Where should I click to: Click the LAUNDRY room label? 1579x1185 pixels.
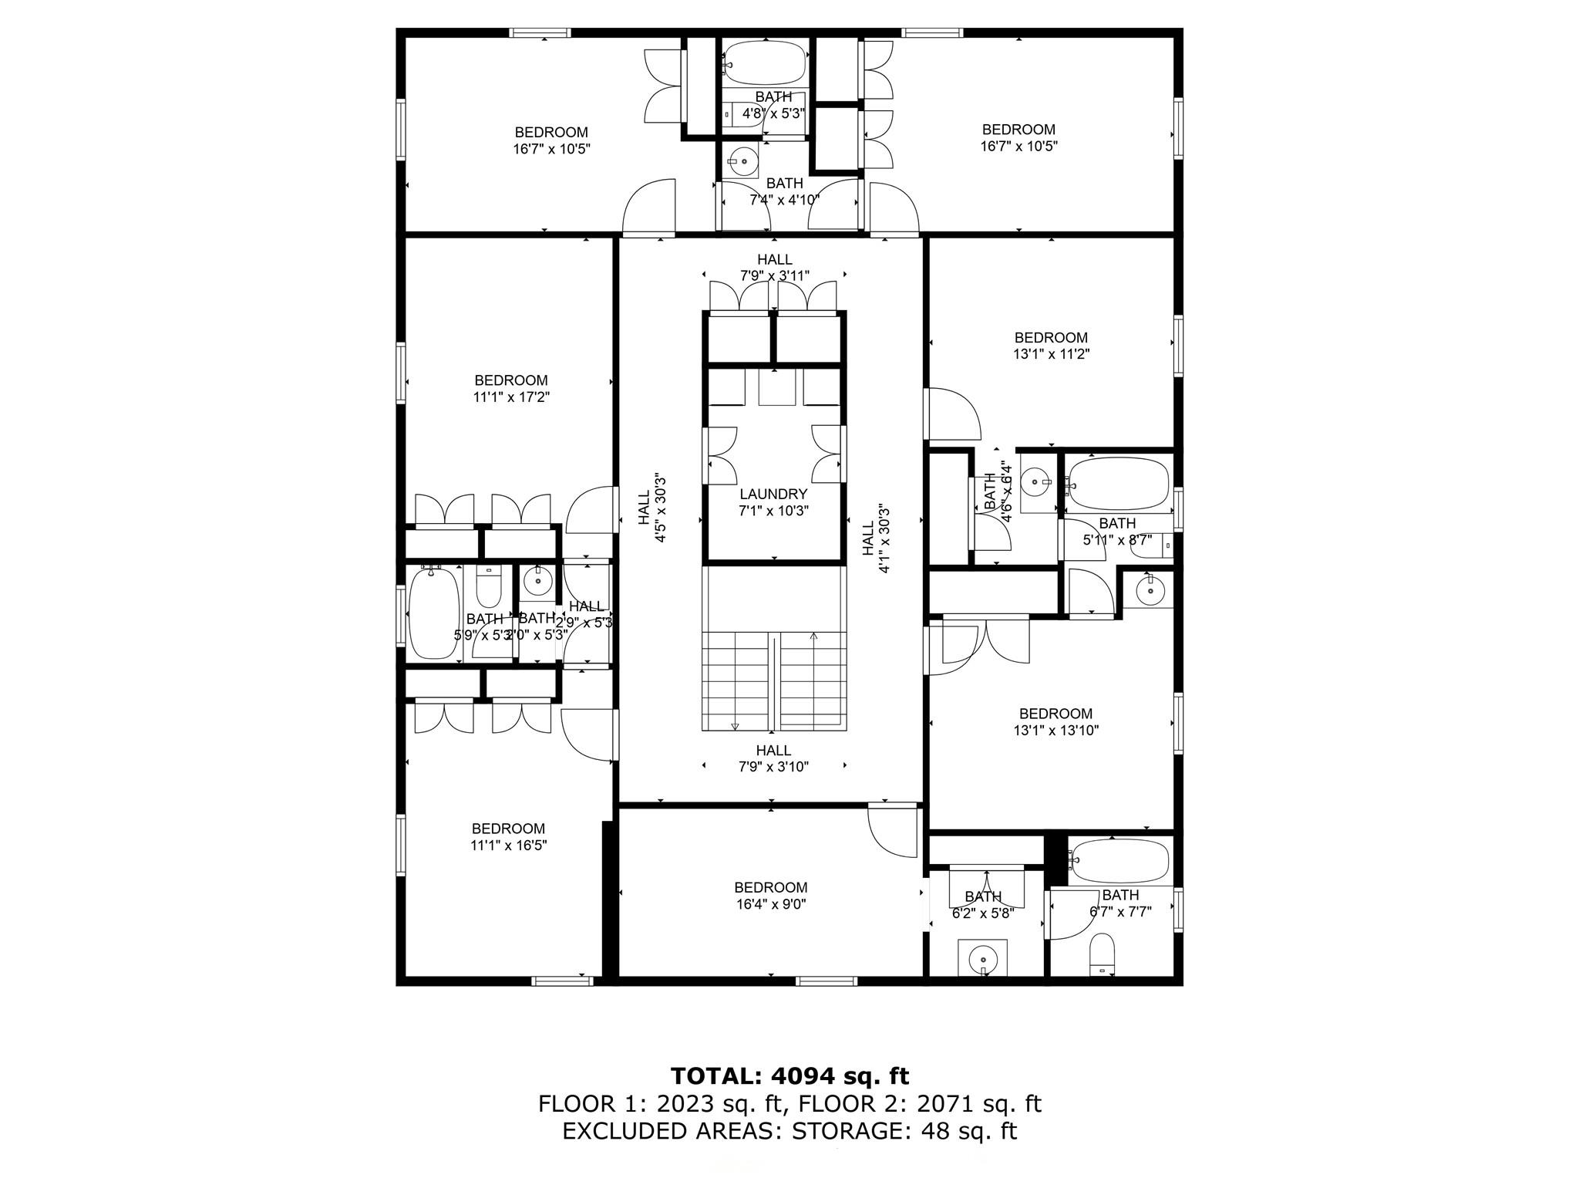[x=773, y=495]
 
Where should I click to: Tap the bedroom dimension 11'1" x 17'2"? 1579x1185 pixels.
[x=511, y=397]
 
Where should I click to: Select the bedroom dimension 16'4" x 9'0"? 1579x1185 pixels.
[x=770, y=904]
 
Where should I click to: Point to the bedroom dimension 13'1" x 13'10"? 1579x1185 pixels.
[x=1055, y=731]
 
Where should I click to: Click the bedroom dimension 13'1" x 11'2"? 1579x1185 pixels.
[x=1051, y=354]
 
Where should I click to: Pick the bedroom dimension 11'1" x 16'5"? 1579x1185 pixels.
[x=508, y=846]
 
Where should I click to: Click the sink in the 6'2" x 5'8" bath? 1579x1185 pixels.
[x=983, y=957]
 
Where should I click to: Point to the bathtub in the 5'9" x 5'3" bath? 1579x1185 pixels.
[x=433, y=613]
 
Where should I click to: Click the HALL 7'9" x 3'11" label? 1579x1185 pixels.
[x=774, y=268]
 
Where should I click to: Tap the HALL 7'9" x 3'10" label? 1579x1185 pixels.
[x=773, y=758]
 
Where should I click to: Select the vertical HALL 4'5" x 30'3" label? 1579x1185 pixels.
[x=651, y=508]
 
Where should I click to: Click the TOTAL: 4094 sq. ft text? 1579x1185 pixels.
[x=789, y=1076]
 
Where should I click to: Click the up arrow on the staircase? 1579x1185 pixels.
[x=814, y=637]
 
